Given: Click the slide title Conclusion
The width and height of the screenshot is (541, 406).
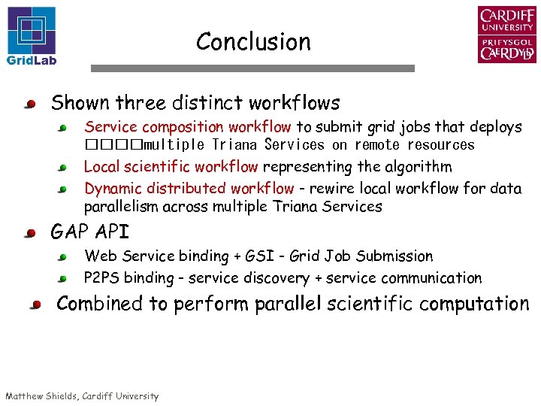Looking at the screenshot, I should pos(253,42).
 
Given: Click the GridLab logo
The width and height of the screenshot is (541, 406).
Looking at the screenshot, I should pos(32,35).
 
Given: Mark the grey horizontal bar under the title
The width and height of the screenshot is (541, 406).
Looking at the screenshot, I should pos(252,68).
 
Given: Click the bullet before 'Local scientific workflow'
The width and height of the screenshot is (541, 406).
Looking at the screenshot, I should pos(65,168).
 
